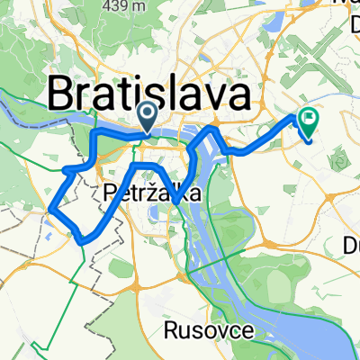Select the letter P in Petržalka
110,192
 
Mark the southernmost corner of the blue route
84,241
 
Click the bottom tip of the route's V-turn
177,202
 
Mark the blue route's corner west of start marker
94,133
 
